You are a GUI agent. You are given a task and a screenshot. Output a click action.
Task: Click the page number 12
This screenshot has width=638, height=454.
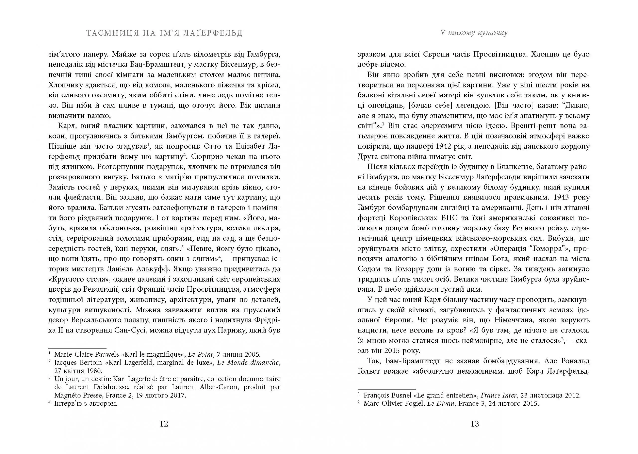[x=164, y=424]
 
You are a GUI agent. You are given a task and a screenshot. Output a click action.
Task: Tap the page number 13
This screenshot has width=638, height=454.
[x=475, y=424]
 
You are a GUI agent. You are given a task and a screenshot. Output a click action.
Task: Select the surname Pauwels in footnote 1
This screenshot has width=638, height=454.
[x=106, y=354]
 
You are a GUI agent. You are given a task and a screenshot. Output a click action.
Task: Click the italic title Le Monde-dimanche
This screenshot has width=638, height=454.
[x=249, y=363]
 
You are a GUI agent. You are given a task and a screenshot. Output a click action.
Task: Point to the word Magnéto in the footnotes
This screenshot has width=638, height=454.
[x=68, y=395]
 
